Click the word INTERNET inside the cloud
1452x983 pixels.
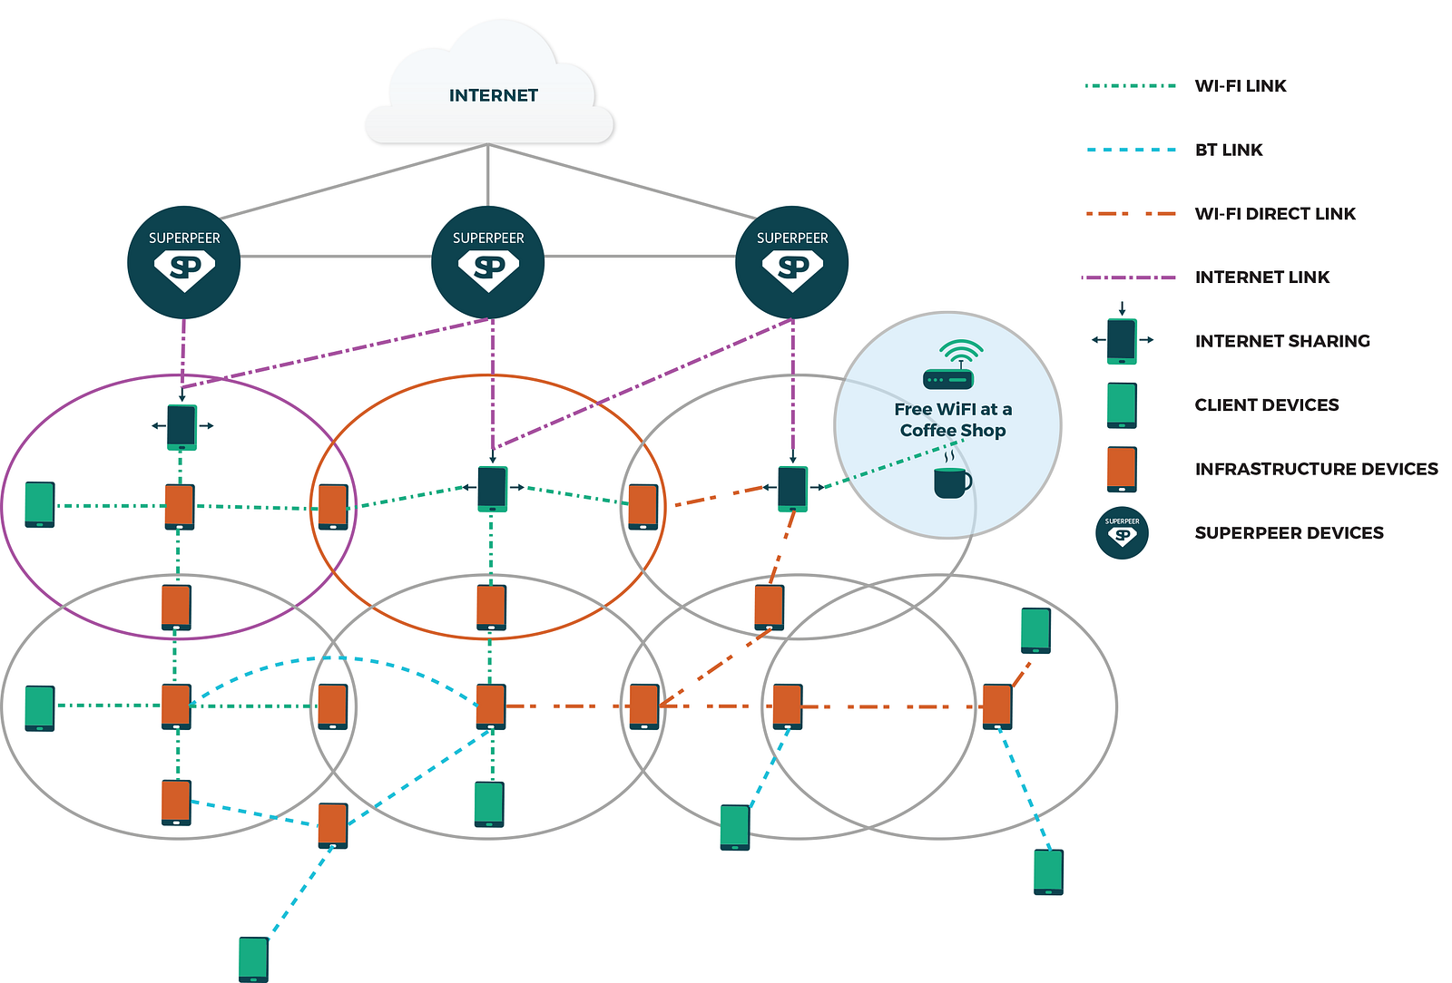coord(494,95)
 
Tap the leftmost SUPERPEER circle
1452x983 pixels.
coord(184,262)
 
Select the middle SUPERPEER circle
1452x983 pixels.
coord(488,262)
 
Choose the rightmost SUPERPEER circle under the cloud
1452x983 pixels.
coord(792,262)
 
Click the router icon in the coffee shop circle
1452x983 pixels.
coord(949,365)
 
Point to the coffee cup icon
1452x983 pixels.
coord(952,476)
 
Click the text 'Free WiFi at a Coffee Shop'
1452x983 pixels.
coord(953,420)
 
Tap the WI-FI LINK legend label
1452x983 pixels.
coord(1240,86)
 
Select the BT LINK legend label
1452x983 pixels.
coord(1229,151)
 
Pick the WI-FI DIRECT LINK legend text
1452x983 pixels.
coord(1275,214)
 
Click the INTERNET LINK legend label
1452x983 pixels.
coord(1262,277)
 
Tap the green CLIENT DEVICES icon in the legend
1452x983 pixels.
coord(1122,405)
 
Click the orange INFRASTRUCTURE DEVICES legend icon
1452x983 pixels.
coord(1122,470)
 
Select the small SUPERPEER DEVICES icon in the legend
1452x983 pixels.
coord(1122,533)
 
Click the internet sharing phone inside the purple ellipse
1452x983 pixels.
coord(182,427)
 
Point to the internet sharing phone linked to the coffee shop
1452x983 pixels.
coord(793,489)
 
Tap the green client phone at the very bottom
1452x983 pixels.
coord(253,959)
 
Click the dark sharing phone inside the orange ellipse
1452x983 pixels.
coord(493,489)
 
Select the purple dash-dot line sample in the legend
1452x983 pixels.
coord(1129,277)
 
